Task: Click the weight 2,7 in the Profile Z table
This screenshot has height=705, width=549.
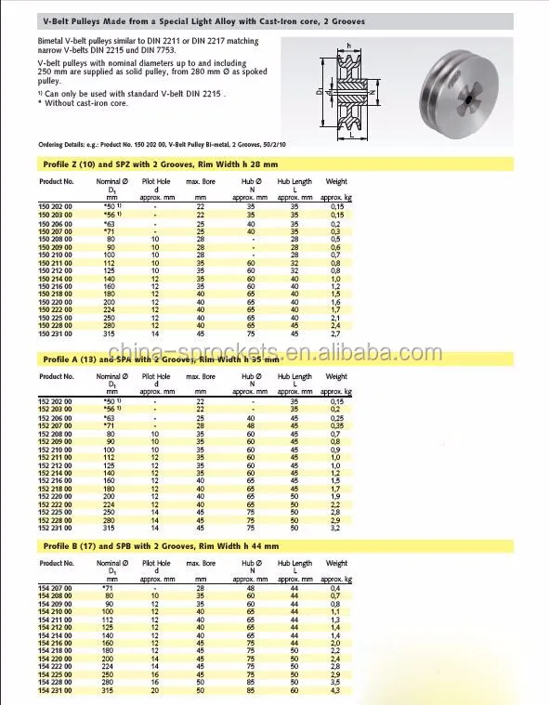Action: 335,332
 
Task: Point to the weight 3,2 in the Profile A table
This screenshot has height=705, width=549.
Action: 335,527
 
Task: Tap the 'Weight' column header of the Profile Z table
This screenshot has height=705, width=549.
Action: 336,181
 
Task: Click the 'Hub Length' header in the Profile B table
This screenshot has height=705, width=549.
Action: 294,563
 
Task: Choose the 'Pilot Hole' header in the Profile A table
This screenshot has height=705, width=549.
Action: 156,376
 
